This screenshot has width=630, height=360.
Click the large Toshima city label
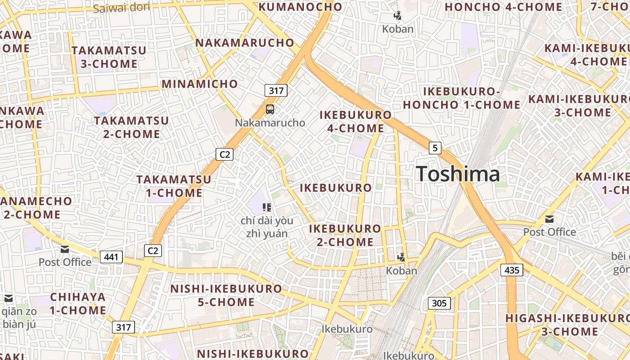click(x=458, y=174)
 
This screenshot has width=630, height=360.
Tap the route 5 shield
click(x=435, y=148)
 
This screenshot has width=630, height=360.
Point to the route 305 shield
click(x=439, y=303)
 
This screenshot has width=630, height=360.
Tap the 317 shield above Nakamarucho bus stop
click(x=276, y=90)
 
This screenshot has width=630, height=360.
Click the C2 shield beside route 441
click(x=153, y=251)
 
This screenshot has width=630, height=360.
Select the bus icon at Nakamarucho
click(x=270, y=109)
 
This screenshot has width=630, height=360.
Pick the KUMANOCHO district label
click(x=301, y=7)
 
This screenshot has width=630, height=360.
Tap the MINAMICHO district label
click(x=200, y=84)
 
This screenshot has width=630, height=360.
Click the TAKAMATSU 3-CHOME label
click(x=109, y=57)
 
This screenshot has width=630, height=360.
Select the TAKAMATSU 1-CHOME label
click(x=174, y=186)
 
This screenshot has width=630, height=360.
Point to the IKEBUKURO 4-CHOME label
click(x=355, y=121)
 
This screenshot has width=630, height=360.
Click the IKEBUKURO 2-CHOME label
click(x=345, y=235)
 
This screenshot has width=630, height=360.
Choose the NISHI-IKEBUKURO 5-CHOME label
click(x=226, y=295)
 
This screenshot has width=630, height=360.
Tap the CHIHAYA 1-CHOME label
click(x=78, y=304)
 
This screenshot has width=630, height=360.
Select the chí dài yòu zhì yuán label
click(x=267, y=227)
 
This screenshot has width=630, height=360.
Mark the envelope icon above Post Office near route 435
click(x=549, y=219)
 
